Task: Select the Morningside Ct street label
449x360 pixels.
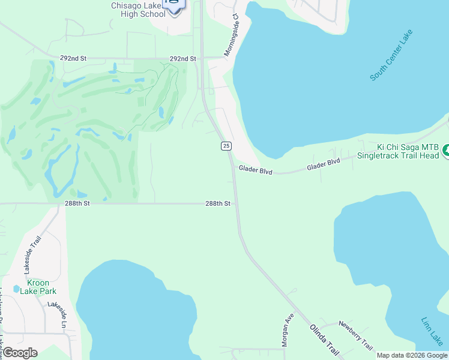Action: click(232, 36)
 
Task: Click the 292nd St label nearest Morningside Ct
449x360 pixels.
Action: click(182, 59)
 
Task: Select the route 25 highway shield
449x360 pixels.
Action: click(226, 146)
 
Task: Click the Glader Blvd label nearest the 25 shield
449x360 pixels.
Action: click(255, 171)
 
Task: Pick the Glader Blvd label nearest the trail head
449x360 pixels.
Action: click(324, 164)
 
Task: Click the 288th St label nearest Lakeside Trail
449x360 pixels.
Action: click(77, 204)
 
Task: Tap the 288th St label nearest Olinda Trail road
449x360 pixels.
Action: click(218, 204)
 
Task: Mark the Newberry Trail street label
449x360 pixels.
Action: click(355, 335)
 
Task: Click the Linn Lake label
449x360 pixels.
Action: click(432, 331)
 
